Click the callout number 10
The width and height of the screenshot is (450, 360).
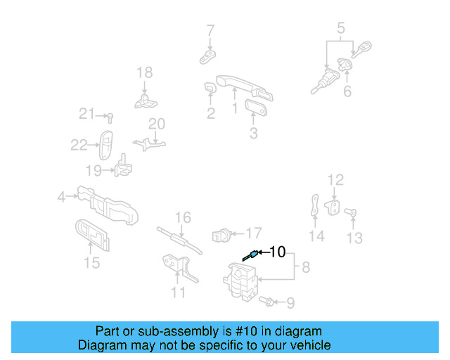pyautogui.click(x=278, y=251)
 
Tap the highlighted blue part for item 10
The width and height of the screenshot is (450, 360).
pyautogui.click(x=250, y=256)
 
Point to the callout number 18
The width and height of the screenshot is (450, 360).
pyautogui.click(x=144, y=72)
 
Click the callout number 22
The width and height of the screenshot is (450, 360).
pyautogui.click(x=79, y=145)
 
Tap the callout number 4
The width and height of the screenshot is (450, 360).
pyautogui.click(x=62, y=198)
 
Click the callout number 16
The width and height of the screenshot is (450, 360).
pyautogui.click(x=183, y=218)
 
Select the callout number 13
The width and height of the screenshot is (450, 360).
pyautogui.click(x=355, y=238)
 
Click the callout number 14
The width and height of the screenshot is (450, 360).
pyautogui.click(x=317, y=236)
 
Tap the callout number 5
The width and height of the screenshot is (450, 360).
pyautogui.click(x=341, y=29)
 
